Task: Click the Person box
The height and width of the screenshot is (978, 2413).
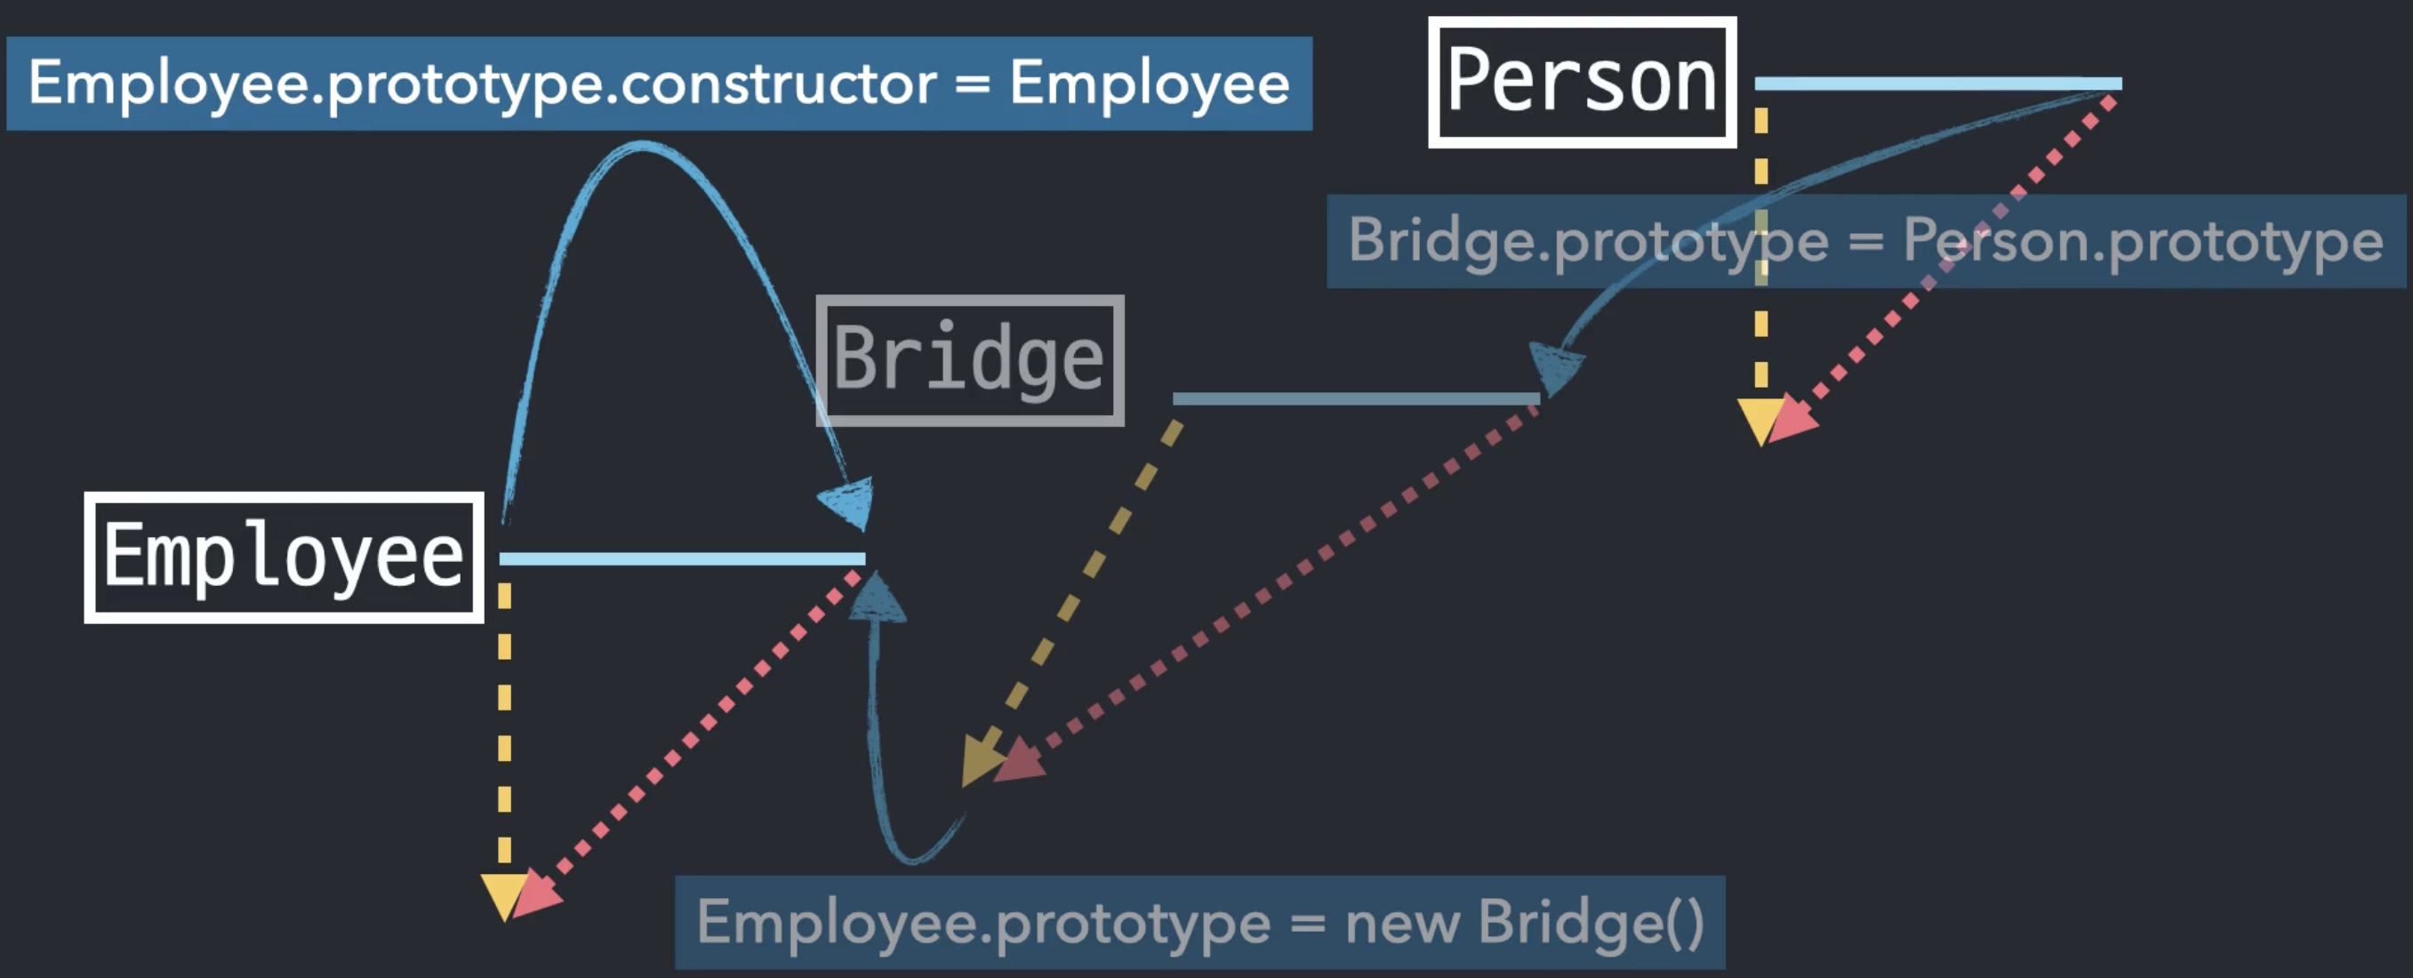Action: pos(1582,83)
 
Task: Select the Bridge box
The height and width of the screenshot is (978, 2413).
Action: pos(969,361)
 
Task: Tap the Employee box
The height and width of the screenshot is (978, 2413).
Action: pos(284,557)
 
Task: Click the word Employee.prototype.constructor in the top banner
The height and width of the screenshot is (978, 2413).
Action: pos(482,84)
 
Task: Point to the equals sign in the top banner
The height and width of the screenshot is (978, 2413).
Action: pos(973,84)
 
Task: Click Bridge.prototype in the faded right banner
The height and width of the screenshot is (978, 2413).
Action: pos(1588,241)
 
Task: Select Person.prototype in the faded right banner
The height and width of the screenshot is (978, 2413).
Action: pos(2143,241)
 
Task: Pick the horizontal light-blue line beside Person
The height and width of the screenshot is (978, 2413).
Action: pos(1937,84)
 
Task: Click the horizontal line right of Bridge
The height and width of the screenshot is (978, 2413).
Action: pos(1356,399)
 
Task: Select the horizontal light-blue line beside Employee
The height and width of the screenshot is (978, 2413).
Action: pos(682,559)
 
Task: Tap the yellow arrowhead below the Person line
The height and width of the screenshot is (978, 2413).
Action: pos(1760,420)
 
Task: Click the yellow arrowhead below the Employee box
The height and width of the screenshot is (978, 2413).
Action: pos(504,895)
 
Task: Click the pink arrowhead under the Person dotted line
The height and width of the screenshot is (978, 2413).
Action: pos(1792,418)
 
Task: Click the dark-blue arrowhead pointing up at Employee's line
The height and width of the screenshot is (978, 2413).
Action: pos(878,600)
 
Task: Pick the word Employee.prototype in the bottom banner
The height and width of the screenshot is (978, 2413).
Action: pos(983,922)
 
